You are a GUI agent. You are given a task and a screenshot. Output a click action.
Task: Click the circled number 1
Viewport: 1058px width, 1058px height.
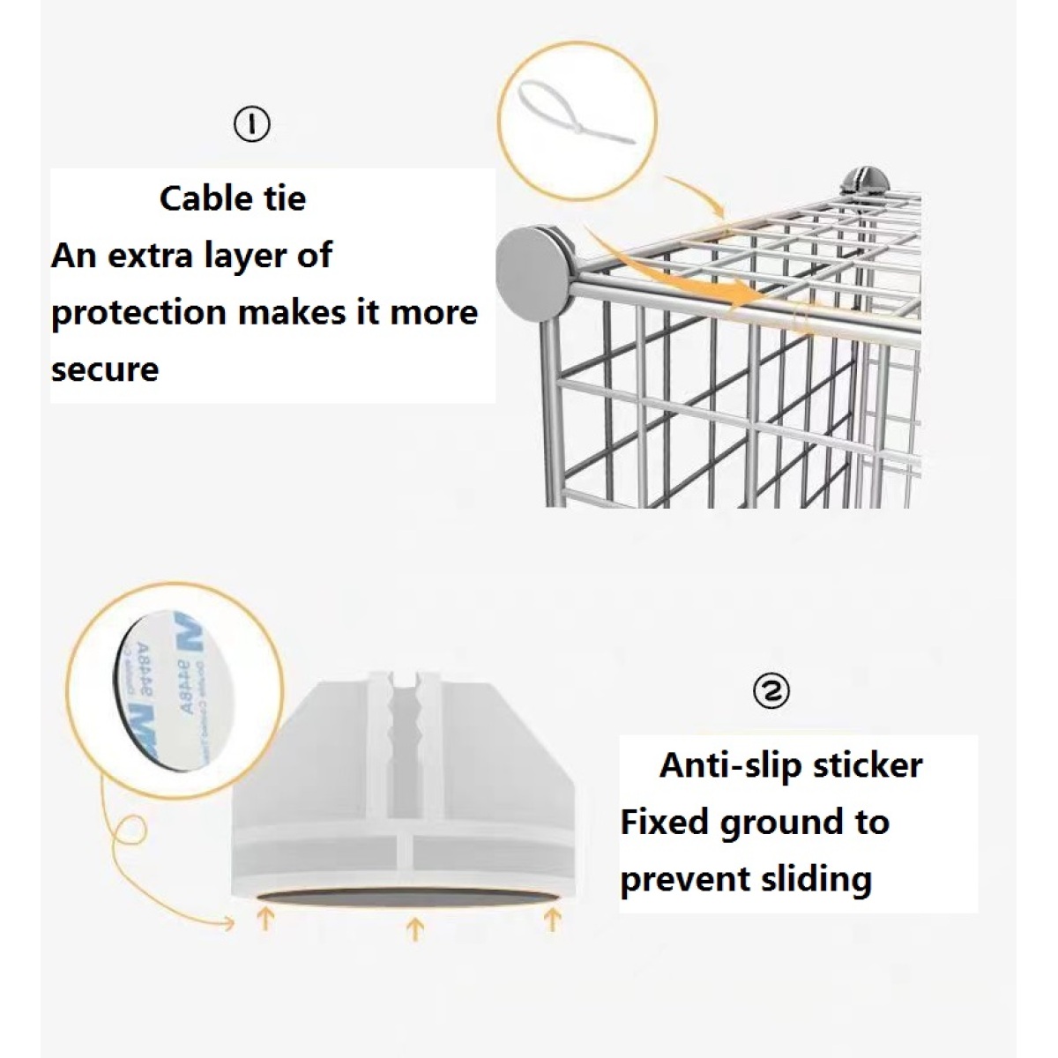coord(252,125)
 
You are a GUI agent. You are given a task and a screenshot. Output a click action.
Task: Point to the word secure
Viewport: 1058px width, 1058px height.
coord(105,369)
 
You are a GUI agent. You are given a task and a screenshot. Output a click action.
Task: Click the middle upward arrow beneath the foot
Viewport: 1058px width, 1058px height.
coord(414,928)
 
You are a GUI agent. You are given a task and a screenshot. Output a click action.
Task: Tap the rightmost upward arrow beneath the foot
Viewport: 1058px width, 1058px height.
coord(553,920)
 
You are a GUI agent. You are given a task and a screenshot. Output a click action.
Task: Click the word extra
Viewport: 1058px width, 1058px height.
coord(144,256)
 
